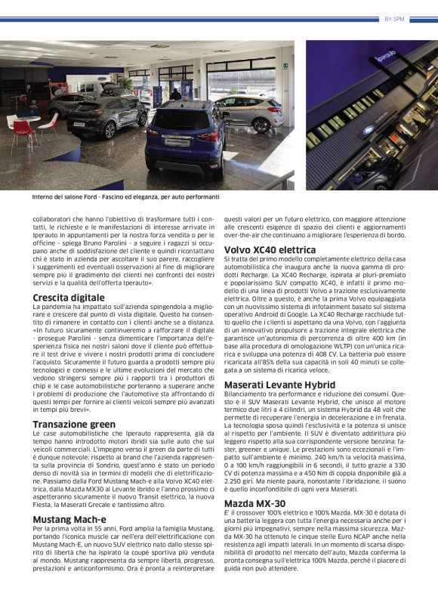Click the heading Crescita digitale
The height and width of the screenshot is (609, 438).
69,298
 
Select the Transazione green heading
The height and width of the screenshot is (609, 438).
74,424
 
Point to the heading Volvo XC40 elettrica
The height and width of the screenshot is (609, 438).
270,249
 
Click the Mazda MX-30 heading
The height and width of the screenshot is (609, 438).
255,502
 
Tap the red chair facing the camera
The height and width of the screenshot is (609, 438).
23,132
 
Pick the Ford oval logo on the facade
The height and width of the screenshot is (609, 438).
368,129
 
